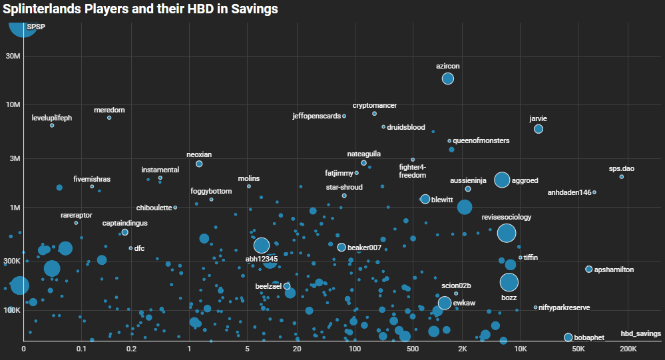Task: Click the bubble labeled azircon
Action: point(448,79)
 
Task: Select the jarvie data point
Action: point(539,129)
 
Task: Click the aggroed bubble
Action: point(502,180)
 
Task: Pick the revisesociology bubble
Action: point(507,233)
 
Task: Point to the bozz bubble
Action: point(509,282)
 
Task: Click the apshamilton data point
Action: point(589,269)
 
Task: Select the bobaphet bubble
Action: point(568,337)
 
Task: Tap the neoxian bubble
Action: point(199,164)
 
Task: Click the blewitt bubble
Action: point(425,199)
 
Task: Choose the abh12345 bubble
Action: point(262,246)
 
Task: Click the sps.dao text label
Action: point(622,169)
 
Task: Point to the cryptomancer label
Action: point(375,105)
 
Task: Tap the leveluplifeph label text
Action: point(52,118)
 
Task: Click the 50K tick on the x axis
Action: point(578,349)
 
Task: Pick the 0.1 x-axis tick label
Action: point(81,349)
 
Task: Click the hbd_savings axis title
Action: point(640,333)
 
